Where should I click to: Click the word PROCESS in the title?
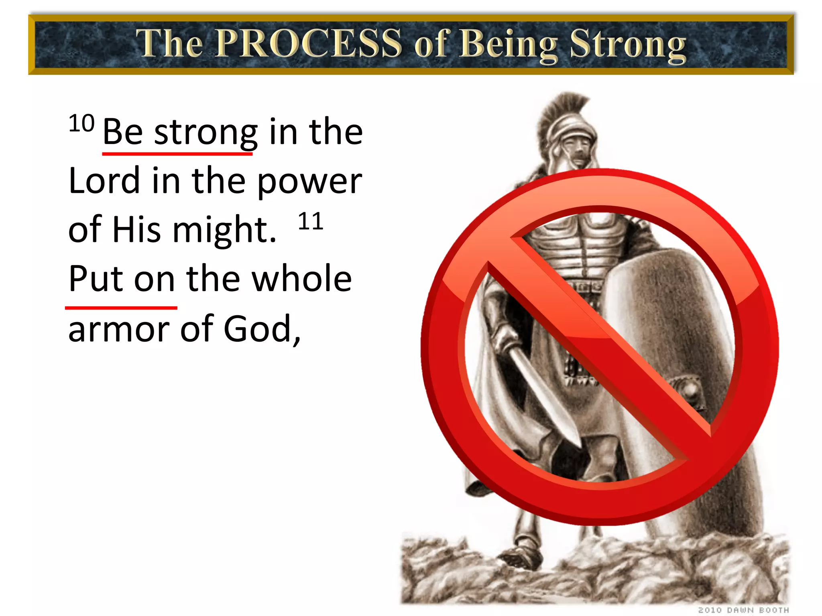309,43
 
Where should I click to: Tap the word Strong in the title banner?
628,45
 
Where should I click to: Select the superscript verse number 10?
81,124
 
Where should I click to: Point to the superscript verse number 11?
311,221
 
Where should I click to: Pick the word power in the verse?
309,182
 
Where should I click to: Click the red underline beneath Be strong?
177,153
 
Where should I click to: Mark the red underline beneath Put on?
121,308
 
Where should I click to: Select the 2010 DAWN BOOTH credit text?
743,610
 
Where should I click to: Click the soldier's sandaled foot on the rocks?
522,555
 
